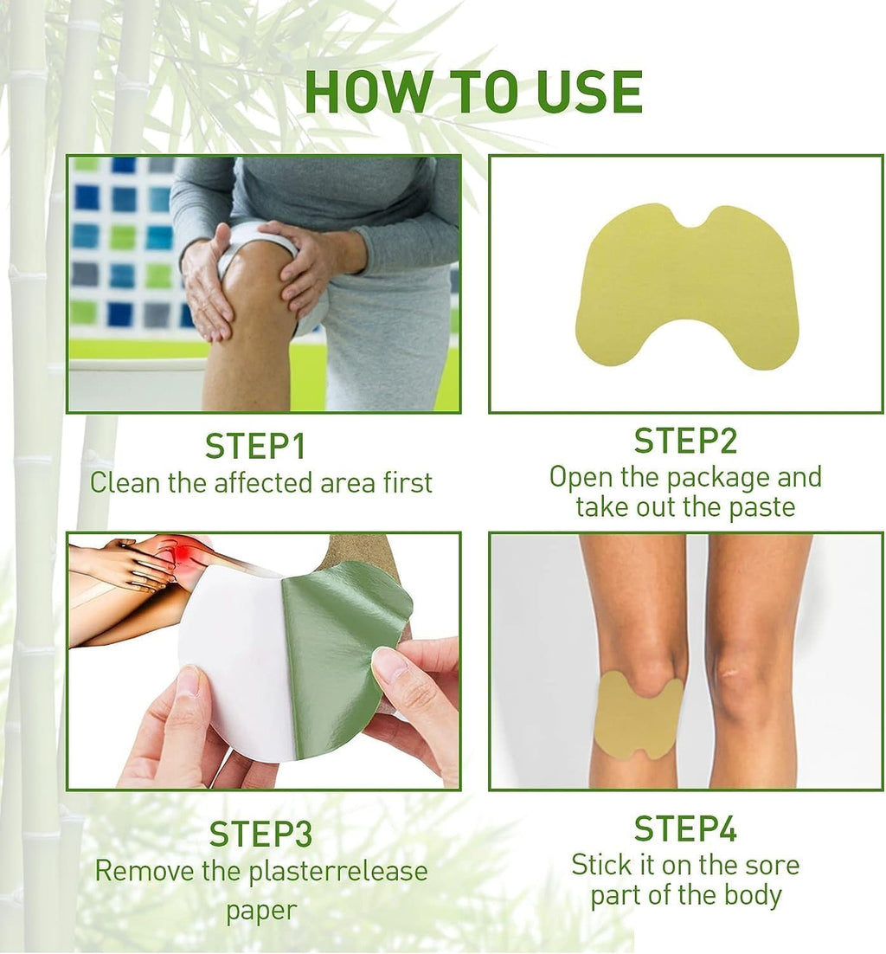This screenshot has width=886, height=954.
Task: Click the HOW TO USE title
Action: click(473, 92)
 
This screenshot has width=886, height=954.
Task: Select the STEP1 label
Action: click(255, 446)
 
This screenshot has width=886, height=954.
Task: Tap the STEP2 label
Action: click(685, 441)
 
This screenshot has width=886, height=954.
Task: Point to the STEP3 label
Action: click(260, 834)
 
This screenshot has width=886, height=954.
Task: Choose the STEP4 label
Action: click(685, 828)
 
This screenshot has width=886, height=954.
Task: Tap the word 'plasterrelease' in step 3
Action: click(338, 871)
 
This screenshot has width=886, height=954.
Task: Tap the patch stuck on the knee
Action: click(638, 715)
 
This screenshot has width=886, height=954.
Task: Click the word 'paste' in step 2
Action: click(761, 506)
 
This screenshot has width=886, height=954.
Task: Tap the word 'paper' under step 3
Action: click(260, 910)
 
